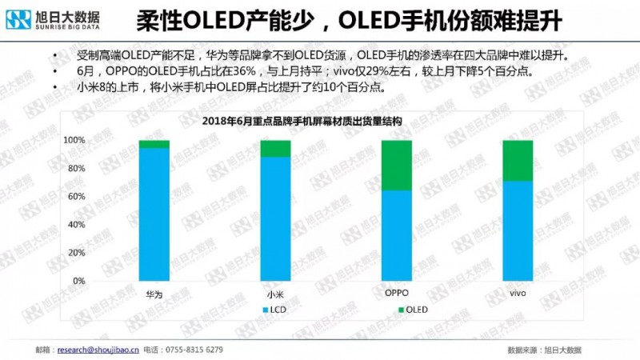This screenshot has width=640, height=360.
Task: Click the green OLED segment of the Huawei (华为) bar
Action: point(154,144)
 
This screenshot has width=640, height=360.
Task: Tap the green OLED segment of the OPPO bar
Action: point(397,165)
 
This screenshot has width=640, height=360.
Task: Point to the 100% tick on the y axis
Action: point(74,140)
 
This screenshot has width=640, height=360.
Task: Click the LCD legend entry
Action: point(272,309)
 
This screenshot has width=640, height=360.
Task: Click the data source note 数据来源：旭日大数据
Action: point(544,350)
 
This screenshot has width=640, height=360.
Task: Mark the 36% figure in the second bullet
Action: point(218,71)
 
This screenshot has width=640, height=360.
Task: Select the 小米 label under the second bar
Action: point(275,294)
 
